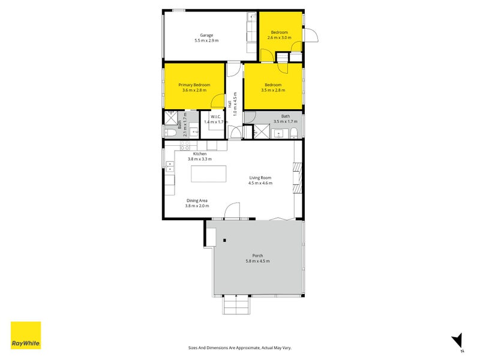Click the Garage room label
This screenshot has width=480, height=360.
[206, 35]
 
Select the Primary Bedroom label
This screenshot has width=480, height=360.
[194, 85]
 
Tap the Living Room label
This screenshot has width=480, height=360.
[260, 178]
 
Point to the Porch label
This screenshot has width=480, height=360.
[257, 256]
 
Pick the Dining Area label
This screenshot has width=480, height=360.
[197, 201]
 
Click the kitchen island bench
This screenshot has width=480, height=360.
[209, 174]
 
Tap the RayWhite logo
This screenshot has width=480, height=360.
[26, 335]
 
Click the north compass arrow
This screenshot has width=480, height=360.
[457, 339]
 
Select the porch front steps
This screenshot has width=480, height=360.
[236, 306]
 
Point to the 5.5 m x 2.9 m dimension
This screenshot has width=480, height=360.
[206, 41]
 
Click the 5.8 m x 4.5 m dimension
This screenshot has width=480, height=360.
[257, 262]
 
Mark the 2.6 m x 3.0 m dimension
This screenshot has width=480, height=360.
[279, 38]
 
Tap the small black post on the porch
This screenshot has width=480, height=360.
[224, 241]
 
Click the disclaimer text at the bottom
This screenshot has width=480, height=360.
[240, 347]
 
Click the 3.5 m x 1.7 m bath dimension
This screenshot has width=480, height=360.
[285, 122]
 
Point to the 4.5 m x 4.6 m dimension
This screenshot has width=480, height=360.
[260, 184]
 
